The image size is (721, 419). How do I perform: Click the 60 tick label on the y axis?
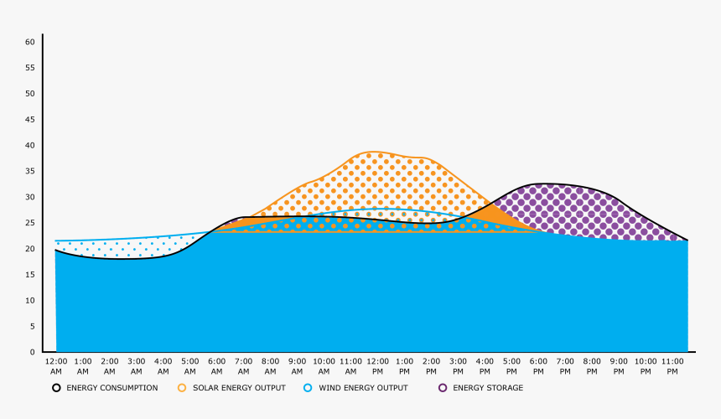[x=29, y=42]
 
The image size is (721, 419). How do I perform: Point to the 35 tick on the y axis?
[x=29, y=171]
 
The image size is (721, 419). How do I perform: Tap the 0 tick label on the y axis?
[x=32, y=352]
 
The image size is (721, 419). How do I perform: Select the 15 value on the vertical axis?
[x=29, y=275]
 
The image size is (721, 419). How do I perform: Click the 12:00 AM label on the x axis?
[x=55, y=365]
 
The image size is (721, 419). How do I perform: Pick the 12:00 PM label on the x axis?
[x=377, y=365]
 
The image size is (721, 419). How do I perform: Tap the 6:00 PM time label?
[x=538, y=365]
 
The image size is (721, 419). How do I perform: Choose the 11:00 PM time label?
[x=672, y=365]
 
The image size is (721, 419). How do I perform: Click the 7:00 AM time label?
[x=243, y=365]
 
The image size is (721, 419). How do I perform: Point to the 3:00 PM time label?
[x=458, y=365]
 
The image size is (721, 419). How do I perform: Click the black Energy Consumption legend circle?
[x=56, y=388]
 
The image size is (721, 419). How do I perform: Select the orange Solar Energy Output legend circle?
[x=182, y=388]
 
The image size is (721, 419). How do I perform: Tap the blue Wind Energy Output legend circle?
[x=308, y=388]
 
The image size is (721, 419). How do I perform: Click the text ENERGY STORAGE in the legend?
[x=488, y=388]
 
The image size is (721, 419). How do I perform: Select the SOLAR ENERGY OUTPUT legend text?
[x=239, y=388]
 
